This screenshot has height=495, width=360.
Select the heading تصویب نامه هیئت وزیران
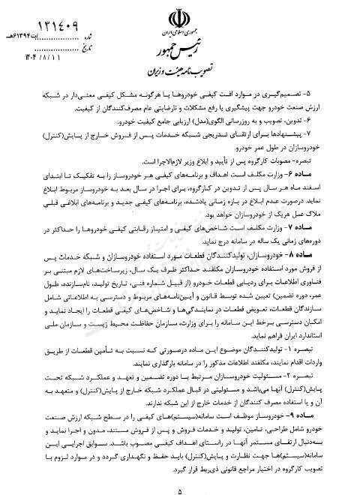pos(182,77)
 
